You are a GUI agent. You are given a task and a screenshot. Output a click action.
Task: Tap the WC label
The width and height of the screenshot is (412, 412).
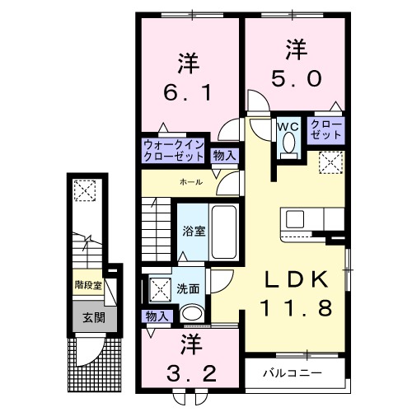click(288, 126)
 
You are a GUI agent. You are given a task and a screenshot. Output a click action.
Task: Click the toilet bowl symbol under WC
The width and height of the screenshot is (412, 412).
click(288, 144)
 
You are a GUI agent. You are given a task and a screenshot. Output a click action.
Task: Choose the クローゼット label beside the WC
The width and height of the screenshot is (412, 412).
click(326, 129)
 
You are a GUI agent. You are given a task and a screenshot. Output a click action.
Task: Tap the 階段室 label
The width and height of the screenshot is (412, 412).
click(87, 286)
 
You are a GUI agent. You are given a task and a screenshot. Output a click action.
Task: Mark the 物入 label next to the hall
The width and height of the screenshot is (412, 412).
click(223, 154)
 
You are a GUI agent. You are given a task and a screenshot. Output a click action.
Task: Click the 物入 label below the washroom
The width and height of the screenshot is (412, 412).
click(156, 316)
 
